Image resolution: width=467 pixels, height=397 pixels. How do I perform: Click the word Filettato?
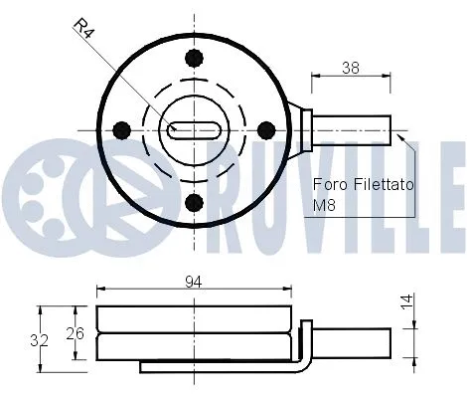pos(383,185)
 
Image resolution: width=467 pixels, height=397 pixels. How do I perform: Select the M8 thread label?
pos(325,207)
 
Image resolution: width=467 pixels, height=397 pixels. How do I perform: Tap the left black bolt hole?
pos(123,128)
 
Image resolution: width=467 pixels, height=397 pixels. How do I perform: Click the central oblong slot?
pos(195,128)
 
